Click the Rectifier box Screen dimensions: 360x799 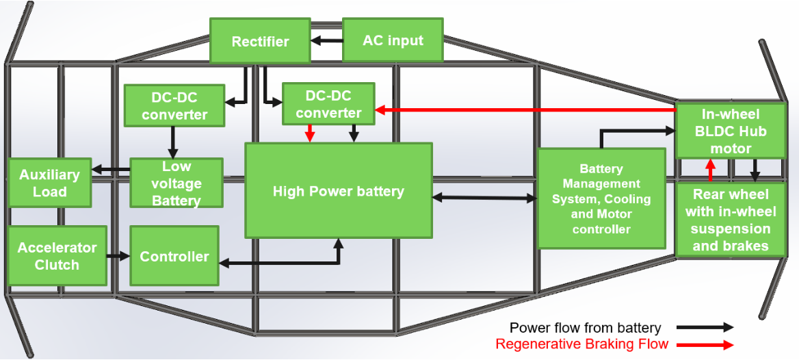[x=259, y=41]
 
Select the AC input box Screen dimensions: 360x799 [x=393, y=40]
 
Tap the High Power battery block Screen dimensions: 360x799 [x=339, y=191]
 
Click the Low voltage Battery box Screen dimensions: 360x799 [x=176, y=183]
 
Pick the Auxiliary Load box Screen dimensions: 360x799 [x=49, y=183]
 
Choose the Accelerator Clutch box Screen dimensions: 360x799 [x=57, y=256]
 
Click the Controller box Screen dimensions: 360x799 [x=174, y=256]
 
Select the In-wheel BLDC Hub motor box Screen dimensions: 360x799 [x=730, y=131]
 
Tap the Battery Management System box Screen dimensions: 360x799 [x=601, y=198]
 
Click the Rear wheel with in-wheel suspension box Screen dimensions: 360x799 [x=730, y=220]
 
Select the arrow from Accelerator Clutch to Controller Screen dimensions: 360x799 [x=118, y=256]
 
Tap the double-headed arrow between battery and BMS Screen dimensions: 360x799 [x=485, y=198]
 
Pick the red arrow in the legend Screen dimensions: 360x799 [x=705, y=345]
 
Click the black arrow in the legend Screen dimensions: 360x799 [x=705, y=328]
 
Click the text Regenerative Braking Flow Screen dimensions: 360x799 [x=581, y=344]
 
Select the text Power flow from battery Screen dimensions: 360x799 [x=585, y=328]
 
